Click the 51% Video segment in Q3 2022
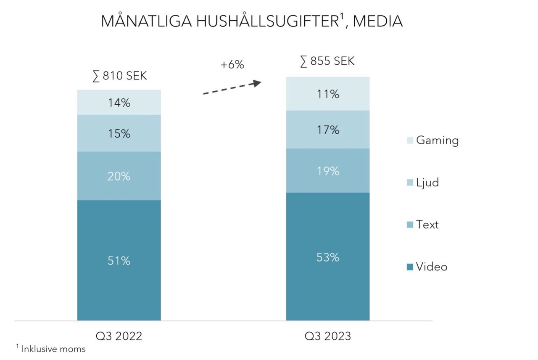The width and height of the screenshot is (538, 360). (x=119, y=260)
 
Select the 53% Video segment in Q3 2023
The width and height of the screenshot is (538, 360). (x=327, y=257)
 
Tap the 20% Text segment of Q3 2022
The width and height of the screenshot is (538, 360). (x=119, y=176)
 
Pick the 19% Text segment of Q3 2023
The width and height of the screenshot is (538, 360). (x=327, y=171)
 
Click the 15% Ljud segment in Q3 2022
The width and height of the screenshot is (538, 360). (x=119, y=133)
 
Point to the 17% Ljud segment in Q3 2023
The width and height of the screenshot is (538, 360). (x=327, y=130)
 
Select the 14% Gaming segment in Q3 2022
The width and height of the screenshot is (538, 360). (x=119, y=102)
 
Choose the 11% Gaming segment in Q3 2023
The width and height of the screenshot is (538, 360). (x=327, y=94)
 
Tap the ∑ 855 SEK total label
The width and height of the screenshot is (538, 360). (x=327, y=61)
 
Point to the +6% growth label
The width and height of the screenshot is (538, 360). (x=232, y=65)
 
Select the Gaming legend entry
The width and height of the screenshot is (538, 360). (x=433, y=140)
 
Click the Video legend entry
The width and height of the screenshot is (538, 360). (x=427, y=267)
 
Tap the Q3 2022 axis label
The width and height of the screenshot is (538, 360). (x=119, y=336)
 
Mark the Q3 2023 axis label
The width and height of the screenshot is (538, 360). (x=327, y=336)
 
